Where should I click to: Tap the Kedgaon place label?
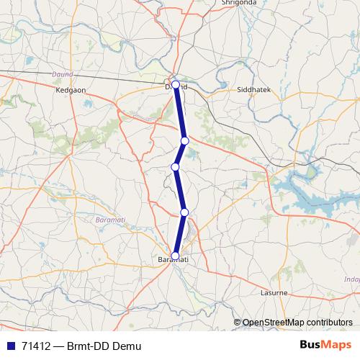pos(70,91)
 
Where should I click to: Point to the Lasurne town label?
pos(274,294)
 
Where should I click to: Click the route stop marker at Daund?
pos(176,85)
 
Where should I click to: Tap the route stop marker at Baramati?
pos(175,255)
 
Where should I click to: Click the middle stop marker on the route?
pos(175,167)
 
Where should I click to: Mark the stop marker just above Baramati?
pos(184,212)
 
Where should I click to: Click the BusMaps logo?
pos(320,346)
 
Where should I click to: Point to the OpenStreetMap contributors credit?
pos(297,323)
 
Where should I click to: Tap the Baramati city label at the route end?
pos(173,259)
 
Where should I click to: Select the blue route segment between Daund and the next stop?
pos(180,112)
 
